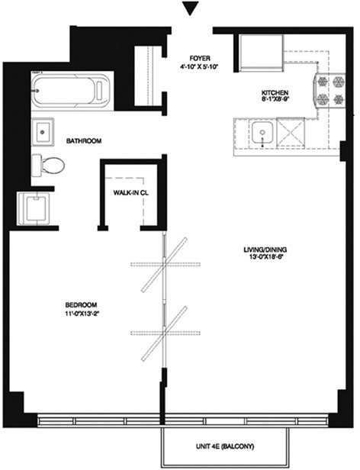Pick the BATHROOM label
pyautogui.click(x=84, y=140)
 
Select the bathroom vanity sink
pyautogui.click(x=43, y=130)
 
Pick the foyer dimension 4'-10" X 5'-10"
pyautogui.click(x=200, y=67)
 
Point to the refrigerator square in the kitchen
pyautogui.click(x=259, y=50)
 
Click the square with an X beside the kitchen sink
pyautogui.click(x=290, y=132)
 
